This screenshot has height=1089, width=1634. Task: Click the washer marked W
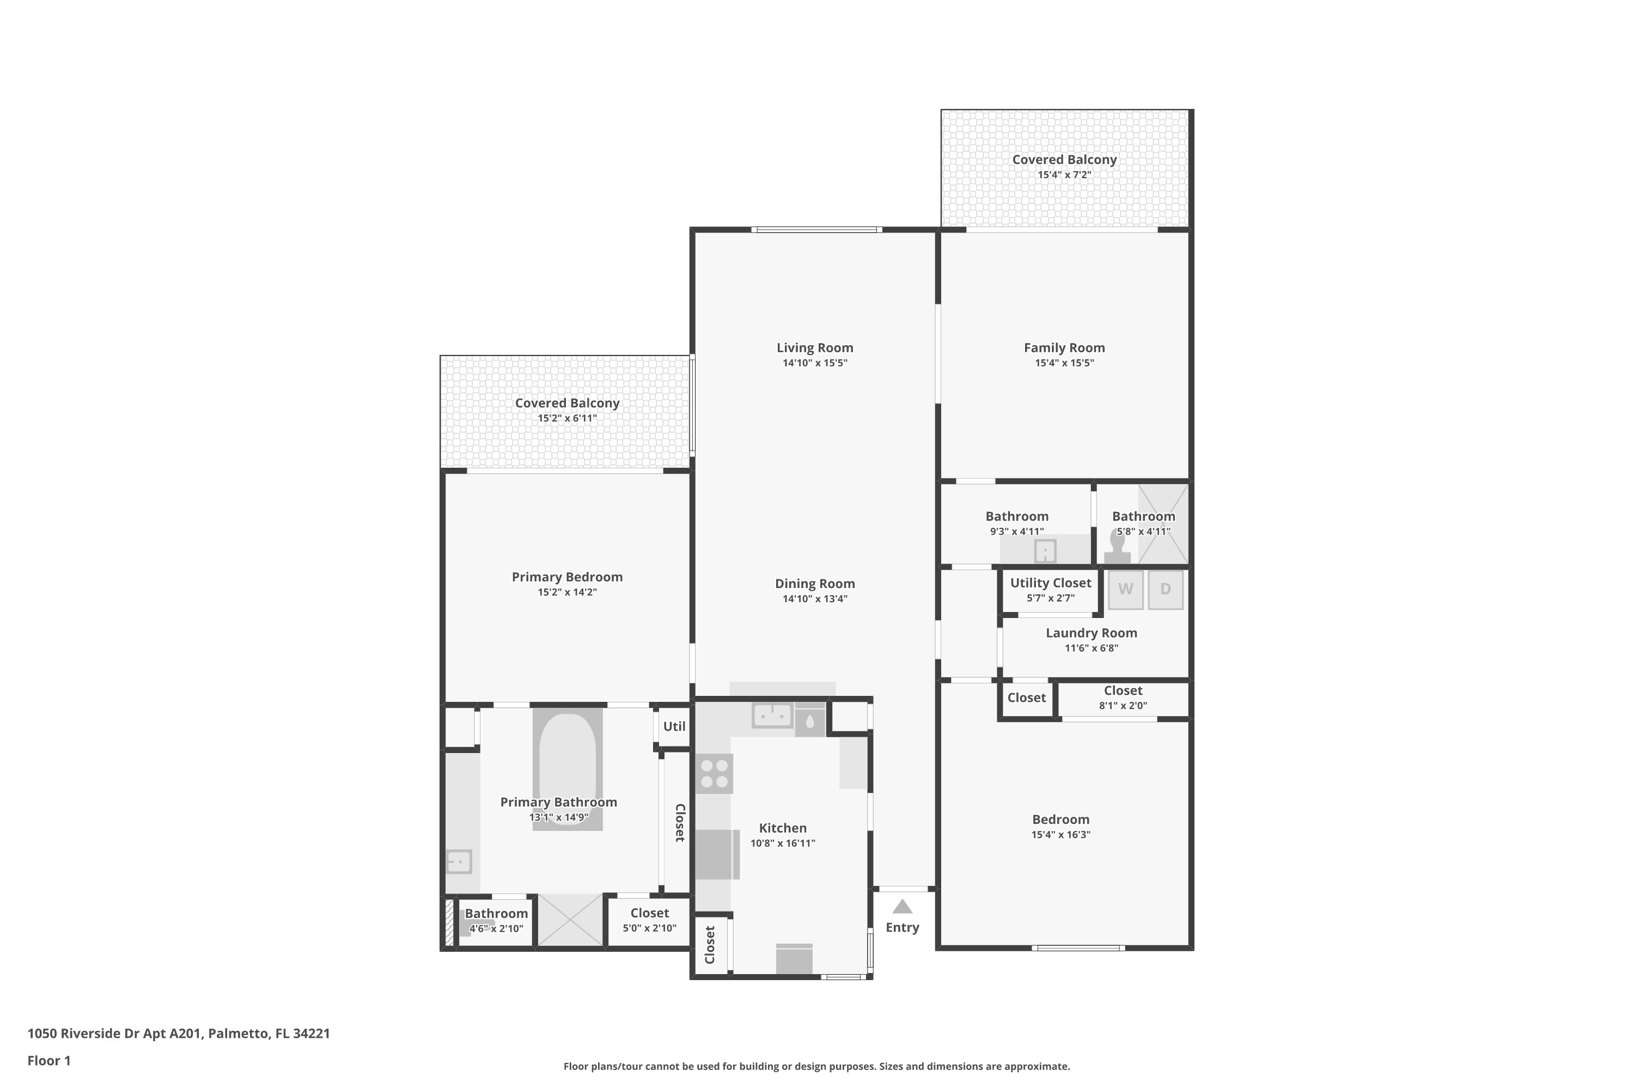pyautogui.click(x=1125, y=590)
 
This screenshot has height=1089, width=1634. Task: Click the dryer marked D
pyautogui.click(x=1165, y=590)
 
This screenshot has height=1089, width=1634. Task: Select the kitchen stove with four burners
pyautogui.click(x=714, y=774)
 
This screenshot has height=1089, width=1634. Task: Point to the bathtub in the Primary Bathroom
pyautogui.click(x=567, y=769)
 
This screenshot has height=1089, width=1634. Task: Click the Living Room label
pyautogui.click(x=815, y=347)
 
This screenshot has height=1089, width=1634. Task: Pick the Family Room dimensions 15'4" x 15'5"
pyautogui.click(x=1064, y=363)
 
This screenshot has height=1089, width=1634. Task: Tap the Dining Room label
pyautogui.click(x=815, y=583)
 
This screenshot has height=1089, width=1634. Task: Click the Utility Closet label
pyautogui.click(x=1051, y=583)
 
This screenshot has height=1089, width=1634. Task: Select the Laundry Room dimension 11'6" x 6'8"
pyautogui.click(x=1092, y=648)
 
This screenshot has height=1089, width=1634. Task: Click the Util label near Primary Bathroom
pyautogui.click(x=674, y=726)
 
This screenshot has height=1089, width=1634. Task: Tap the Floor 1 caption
pyautogui.click(x=48, y=1061)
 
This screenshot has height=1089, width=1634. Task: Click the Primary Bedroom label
pyautogui.click(x=567, y=577)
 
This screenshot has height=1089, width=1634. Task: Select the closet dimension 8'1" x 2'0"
pyautogui.click(x=1123, y=706)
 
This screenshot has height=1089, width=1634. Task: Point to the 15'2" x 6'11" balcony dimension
pyautogui.click(x=567, y=418)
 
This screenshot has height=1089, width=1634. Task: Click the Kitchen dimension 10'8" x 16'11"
pyautogui.click(x=783, y=843)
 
